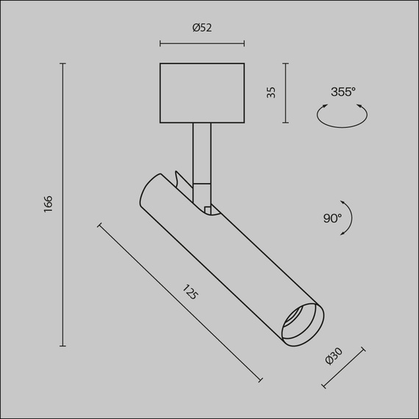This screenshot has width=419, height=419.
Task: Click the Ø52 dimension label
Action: pyautogui.click(x=202, y=28)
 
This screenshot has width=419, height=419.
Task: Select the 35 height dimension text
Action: pyautogui.click(x=271, y=93)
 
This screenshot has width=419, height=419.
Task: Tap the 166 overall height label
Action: pyautogui.click(x=49, y=204)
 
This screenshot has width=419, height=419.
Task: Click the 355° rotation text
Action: pyautogui.click(x=343, y=92)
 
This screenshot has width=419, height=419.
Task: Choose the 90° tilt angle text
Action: pyautogui.click(x=332, y=218)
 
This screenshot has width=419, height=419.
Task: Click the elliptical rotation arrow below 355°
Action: pyautogui.click(x=342, y=115)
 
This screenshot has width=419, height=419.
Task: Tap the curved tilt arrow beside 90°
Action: pyautogui.click(x=348, y=218)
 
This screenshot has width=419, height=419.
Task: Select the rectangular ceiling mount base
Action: pyautogui.click(x=202, y=93)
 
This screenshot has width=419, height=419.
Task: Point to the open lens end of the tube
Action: pyautogui.click(x=301, y=323)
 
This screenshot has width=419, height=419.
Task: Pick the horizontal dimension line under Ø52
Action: pyautogui.click(x=202, y=43)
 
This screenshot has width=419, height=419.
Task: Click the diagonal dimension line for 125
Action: pyautogui.click(x=179, y=302)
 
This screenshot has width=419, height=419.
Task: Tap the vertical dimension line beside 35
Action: pyautogui.click(x=286, y=93)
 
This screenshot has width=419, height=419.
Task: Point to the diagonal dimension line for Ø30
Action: pyautogui.click(x=343, y=367)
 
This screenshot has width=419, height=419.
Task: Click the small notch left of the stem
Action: pyautogui.click(x=179, y=177)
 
